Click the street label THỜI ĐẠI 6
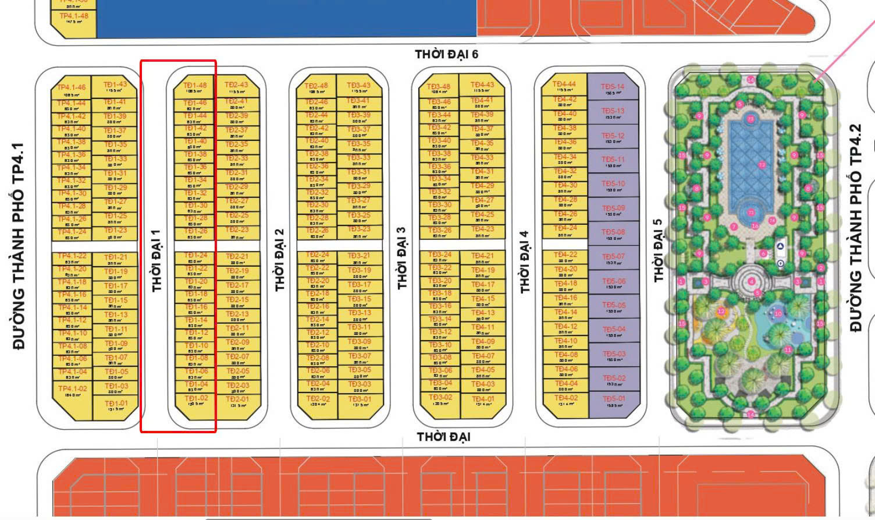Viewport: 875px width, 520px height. [446, 54]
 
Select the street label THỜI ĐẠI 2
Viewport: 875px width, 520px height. [280, 260]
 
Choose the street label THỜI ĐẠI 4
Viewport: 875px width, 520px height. [525, 262]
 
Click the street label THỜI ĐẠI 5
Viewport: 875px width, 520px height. [658, 250]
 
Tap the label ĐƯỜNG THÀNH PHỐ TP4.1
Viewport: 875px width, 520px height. [19, 246]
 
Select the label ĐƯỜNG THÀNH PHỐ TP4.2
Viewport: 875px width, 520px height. [856, 228]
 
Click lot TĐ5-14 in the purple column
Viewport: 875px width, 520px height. [613, 89]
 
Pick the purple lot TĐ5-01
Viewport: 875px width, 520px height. [613, 402]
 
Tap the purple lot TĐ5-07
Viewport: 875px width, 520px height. [613, 258]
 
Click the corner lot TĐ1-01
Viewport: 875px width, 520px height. [116, 405]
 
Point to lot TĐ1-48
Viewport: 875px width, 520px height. [195, 87]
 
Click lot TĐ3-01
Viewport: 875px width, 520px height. [359, 402]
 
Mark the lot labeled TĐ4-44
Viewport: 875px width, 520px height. [564, 86]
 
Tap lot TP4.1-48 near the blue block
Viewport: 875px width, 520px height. [74, 18]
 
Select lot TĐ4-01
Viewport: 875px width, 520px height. [482, 402]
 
